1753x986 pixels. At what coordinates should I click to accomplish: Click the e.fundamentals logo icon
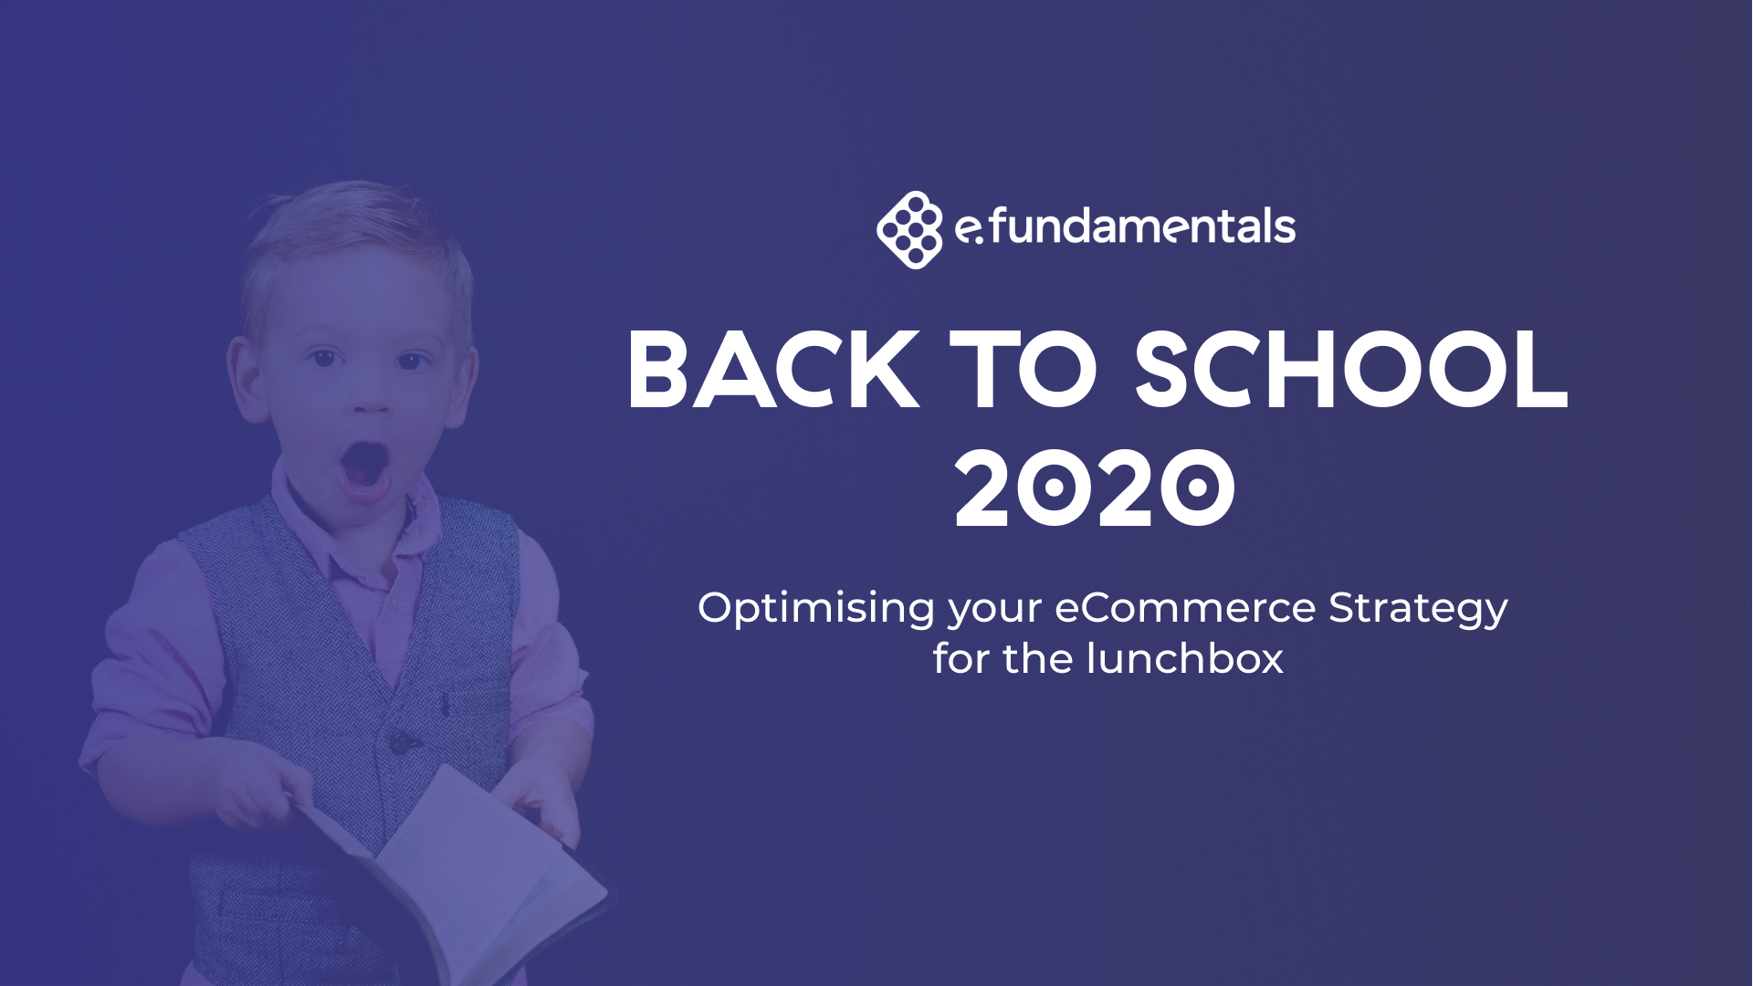tap(908, 229)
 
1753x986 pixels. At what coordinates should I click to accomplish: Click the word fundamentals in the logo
tap(1141, 226)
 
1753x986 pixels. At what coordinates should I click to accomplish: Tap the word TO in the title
tap(1023, 371)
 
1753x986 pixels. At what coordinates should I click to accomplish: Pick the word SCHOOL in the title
tap(1350, 371)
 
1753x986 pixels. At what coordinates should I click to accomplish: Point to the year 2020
tap(1095, 488)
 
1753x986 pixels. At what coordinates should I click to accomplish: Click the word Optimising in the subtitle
tap(816, 609)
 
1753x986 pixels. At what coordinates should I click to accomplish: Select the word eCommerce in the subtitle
tap(1185, 608)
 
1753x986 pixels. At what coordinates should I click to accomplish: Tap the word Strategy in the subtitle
tap(1417, 609)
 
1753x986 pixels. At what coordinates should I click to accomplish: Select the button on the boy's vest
tap(400, 742)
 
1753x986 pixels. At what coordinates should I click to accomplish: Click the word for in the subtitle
tap(960, 659)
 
